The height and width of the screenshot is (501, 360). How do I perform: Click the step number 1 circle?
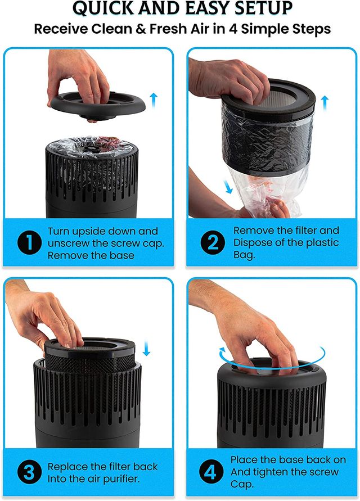pyautogui.click(x=29, y=243)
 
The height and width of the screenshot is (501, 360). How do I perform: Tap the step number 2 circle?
pyautogui.click(x=213, y=242)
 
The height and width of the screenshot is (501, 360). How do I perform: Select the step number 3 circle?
pyautogui.click(x=29, y=472)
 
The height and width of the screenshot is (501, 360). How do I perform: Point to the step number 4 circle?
pyautogui.click(x=211, y=472)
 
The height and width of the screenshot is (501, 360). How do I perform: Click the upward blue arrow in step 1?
pyautogui.click(x=154, y=100)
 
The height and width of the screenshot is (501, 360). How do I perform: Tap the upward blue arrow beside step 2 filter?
pyautogui.click(x=325, y=102)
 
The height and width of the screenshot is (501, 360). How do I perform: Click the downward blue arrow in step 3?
pyautogui.click(x=146, y=348)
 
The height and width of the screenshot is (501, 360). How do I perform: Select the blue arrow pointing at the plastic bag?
pyautogui.click(x=228, y=187)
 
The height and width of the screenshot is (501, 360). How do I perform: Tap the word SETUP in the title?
pyautogui.click(x=263, y=8)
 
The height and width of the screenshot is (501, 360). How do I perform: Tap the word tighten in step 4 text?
pyautogui.click(x=293, y=472)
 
